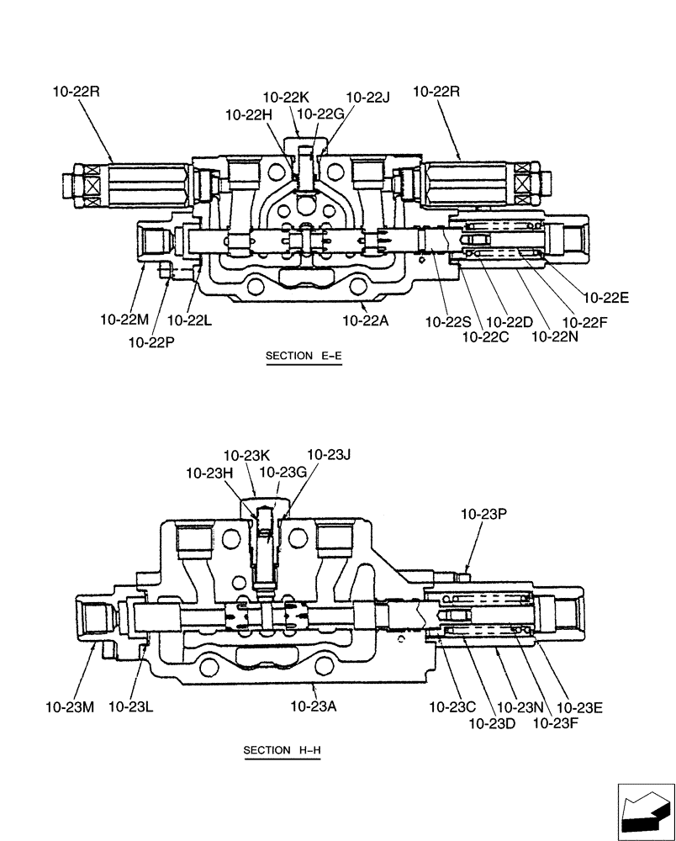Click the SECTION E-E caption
click(304, 356)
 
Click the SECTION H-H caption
click(283, 750)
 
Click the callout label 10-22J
click(367, 98)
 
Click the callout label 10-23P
click(483, 512)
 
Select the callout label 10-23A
click(314, 706)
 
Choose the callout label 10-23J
click(328, 455)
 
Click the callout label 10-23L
click(130, 706)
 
